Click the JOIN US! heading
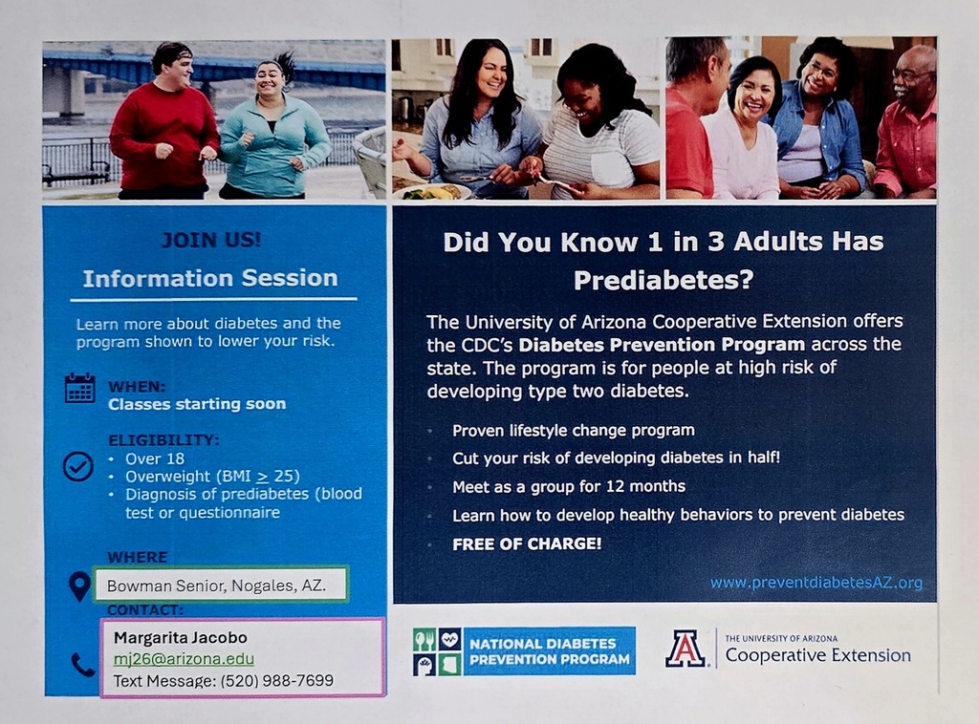coord(211,240)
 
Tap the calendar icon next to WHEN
coord(80,388)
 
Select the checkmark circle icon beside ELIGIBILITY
coord(78,466)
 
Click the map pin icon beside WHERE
coord(79,586)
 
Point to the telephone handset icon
coord(83,666)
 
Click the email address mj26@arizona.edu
coord(184,659)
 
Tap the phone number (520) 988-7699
coord(276,680)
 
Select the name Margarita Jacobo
coord(181,637)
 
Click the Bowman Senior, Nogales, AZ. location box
coord(220,585)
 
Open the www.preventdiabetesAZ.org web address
coord(816,583)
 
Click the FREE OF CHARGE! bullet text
coord(527,543)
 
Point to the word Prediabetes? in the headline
coord(664,280)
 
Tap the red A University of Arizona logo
coord(685,649)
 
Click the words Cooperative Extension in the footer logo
coord(818,655)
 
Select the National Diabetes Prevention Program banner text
coord(550,651)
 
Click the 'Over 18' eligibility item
coord(155,459)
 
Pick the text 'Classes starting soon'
coord(197,404)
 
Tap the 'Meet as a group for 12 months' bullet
coord(569,486)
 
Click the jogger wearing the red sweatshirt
coord(163,120)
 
